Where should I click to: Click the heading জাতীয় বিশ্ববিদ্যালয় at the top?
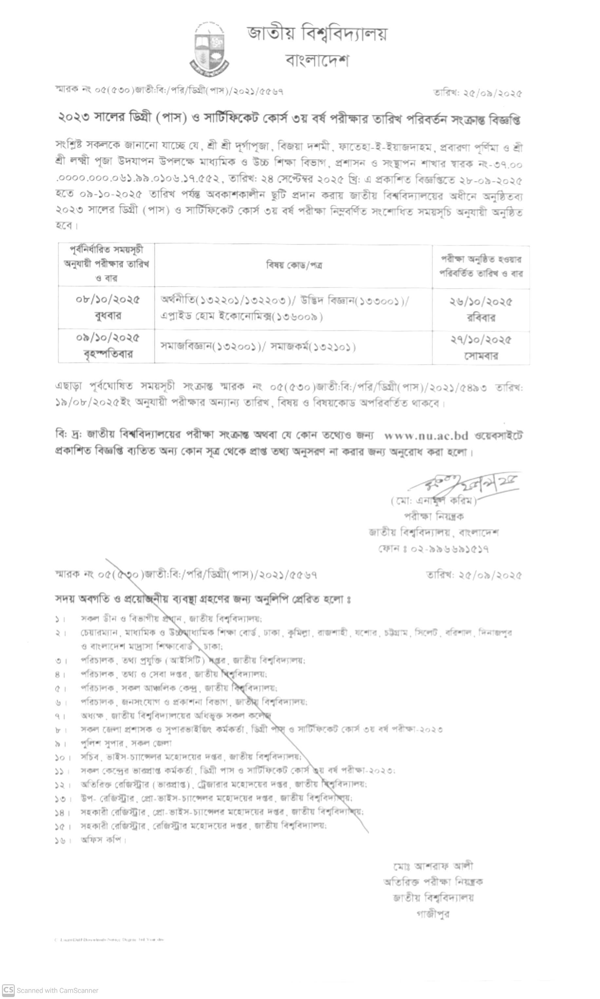[x=317, y=33]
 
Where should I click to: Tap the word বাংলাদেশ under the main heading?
[x=317, y=61]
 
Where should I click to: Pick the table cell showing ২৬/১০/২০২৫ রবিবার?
[x=481, y=309]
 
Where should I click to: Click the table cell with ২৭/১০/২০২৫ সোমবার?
[x=481, y=347]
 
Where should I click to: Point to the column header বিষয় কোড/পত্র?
[x=294, y=265]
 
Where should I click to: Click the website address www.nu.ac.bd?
[x=426, y=435]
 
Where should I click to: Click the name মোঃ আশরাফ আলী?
[x=433, y=866]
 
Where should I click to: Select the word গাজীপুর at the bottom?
[x=433, y=913]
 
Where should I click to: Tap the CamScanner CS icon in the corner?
[x=8, y=990]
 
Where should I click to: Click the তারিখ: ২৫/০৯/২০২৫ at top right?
[x=478, y=93]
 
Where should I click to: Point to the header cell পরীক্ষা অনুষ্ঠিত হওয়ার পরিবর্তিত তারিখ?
[x=481, y=266]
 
